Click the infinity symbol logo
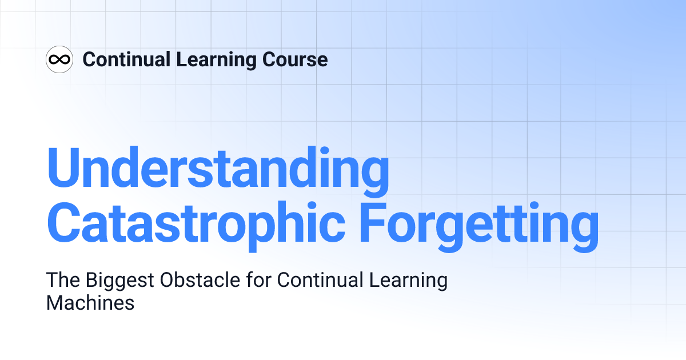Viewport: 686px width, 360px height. point(59,59)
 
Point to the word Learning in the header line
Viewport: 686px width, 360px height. point(210,59)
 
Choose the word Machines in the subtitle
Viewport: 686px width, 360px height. point(90,303)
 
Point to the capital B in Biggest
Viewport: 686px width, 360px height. point(91,281)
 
